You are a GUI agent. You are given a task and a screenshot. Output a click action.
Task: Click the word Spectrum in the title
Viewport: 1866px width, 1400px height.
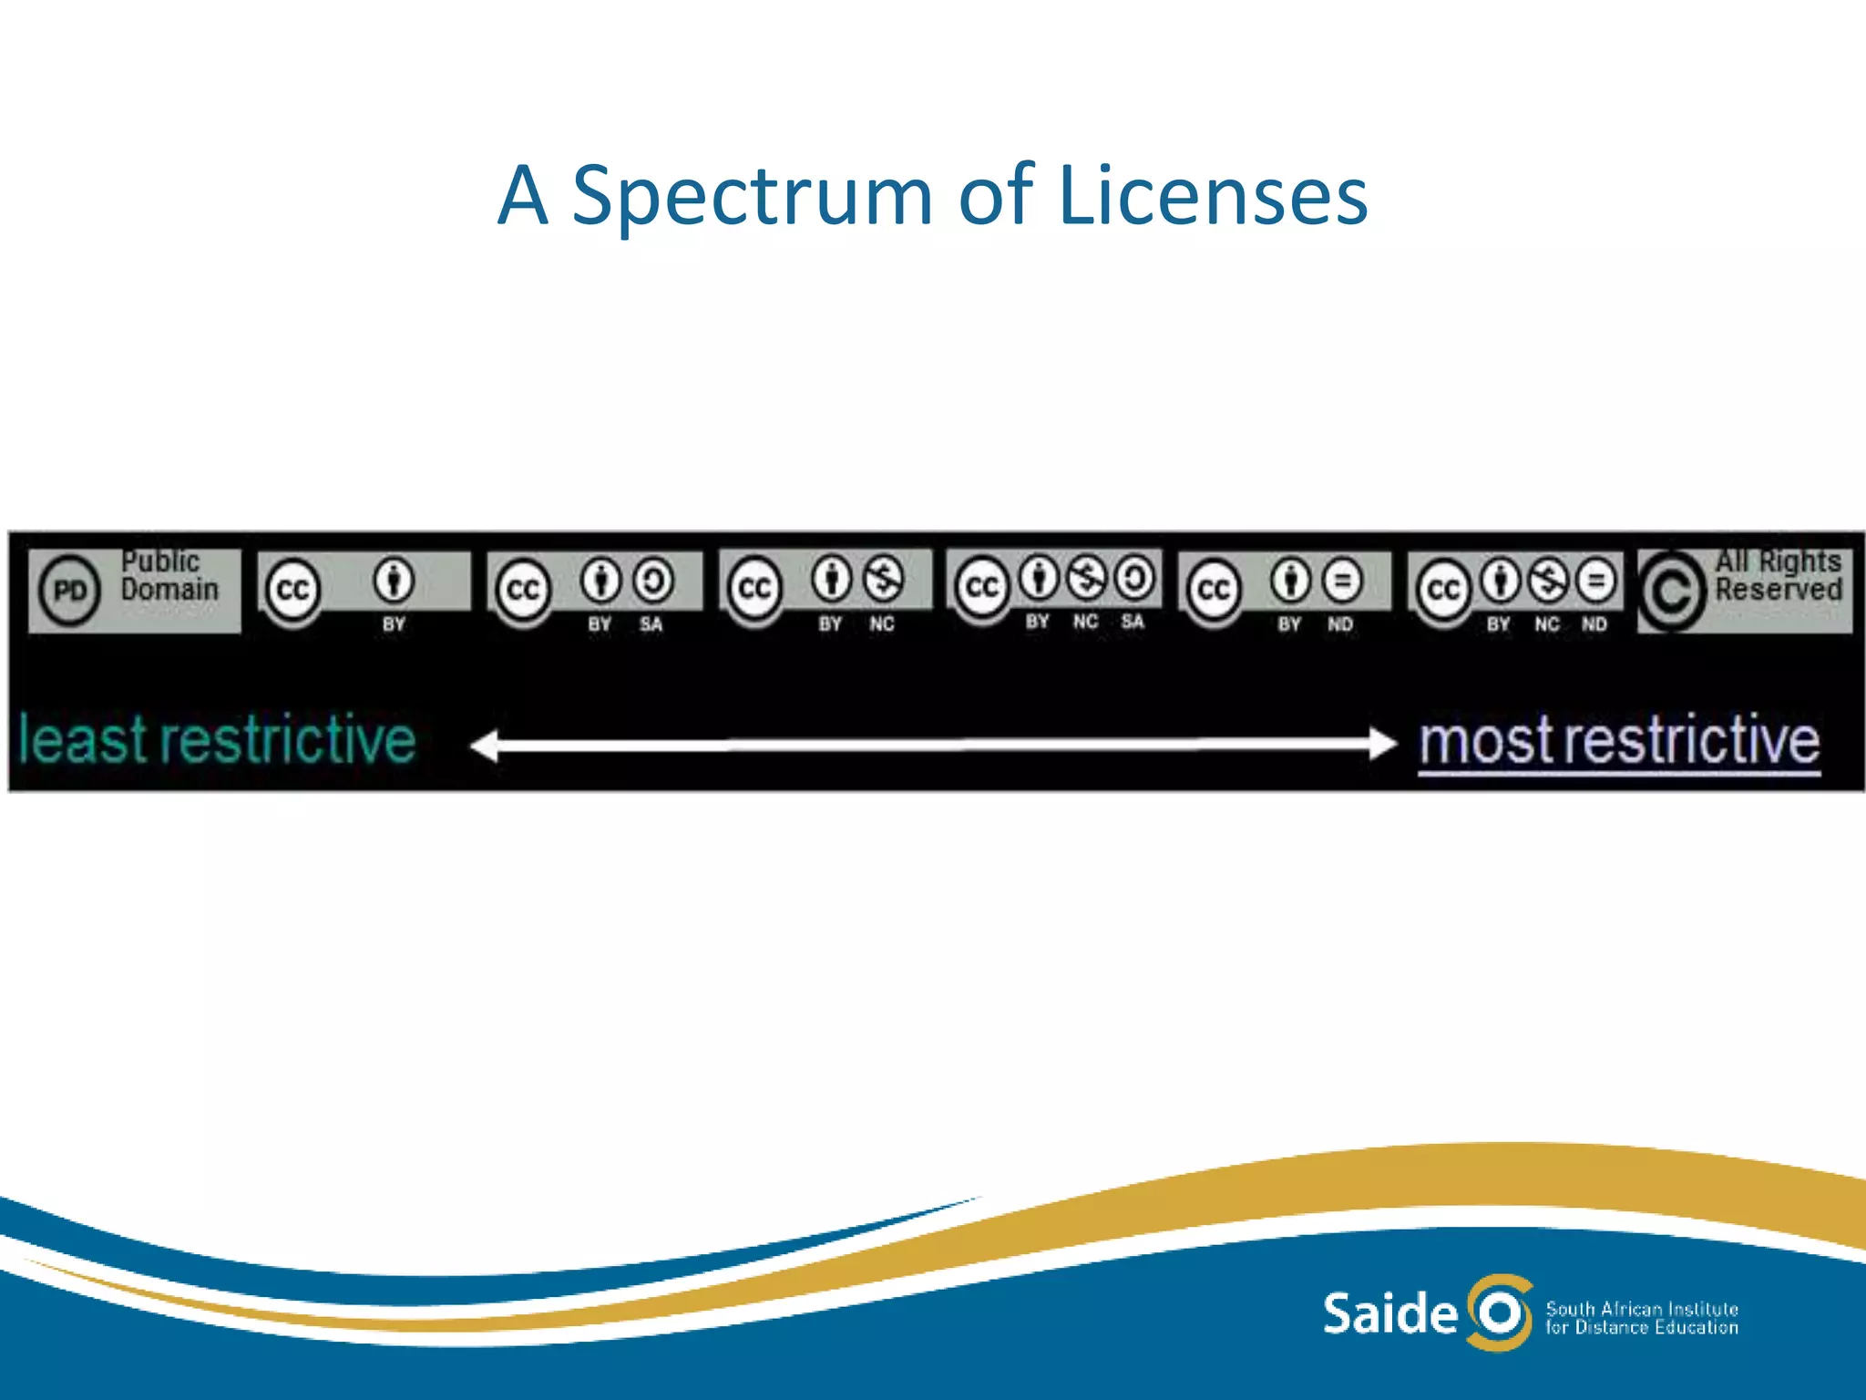(x=752, y=196)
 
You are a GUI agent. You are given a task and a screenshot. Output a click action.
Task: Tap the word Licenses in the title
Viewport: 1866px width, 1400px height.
(x=1212, y=196)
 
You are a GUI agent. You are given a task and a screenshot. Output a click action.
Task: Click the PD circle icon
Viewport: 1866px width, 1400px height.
(x=69, y=591)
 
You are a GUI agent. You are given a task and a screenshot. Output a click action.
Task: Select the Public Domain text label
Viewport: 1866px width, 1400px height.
(x=169, y=575)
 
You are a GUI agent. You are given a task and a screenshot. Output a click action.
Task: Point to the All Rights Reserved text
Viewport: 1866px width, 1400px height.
(x=1778, y=575)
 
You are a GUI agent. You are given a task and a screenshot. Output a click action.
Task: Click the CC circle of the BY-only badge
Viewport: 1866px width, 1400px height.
(x=292, y=591)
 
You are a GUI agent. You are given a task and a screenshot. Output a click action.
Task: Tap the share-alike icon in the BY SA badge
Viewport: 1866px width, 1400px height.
(x=653, y=581)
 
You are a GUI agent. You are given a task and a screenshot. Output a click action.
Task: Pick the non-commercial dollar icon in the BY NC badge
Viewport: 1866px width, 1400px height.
(x=883, y=579)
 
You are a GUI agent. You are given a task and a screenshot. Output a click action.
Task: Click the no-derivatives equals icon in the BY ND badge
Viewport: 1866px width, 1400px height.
(x=1341, y=581)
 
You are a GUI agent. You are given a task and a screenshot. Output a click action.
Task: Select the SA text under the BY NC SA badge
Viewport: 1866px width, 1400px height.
(x=1132, y=622)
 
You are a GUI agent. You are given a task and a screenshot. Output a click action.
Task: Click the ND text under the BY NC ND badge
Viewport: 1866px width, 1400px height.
(x=1594, y=624)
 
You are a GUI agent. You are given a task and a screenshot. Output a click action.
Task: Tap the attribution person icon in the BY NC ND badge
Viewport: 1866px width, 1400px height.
(x=1500, y=581)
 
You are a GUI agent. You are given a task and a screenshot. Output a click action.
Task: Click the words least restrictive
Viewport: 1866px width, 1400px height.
(x=217, y=740)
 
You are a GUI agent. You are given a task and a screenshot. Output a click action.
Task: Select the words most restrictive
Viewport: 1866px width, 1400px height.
(x=1619, y=741)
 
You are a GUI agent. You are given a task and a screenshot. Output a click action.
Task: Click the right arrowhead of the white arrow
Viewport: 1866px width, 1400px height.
(x=1382, y=744)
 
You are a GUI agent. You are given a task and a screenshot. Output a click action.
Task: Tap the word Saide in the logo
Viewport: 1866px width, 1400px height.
(x=1389, y=1313)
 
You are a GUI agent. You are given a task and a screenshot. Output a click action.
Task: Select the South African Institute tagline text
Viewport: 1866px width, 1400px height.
(x=1642, y=1309)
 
